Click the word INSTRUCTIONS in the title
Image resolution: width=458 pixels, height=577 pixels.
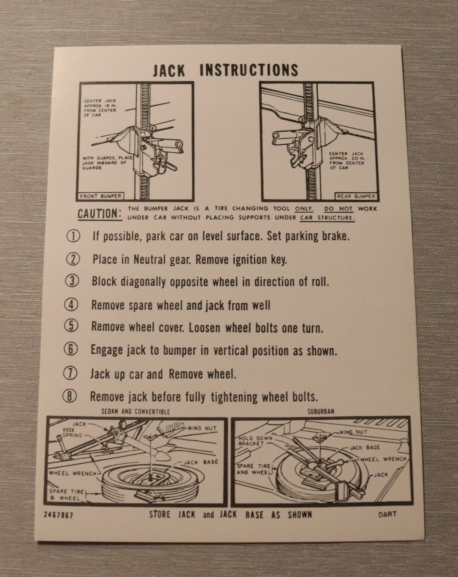click(249, 70)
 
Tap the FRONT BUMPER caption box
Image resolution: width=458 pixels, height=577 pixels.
click(101, 196)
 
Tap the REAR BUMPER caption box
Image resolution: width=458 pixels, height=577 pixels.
click(356, 196)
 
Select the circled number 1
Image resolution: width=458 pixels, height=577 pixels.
click(73, 237)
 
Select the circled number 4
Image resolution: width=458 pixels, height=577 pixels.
click(72, 305)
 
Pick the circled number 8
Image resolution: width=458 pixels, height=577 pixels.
click(70, 396)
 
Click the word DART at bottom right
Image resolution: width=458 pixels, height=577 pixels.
click(387, 514)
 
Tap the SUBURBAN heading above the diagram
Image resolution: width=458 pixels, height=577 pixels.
click(321, 412)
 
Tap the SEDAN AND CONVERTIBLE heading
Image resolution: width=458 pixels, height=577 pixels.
click(135, 412)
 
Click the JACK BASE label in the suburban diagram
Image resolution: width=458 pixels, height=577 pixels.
click(365, 448)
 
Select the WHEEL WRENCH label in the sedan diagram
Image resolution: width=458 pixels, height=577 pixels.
click(72, 473)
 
